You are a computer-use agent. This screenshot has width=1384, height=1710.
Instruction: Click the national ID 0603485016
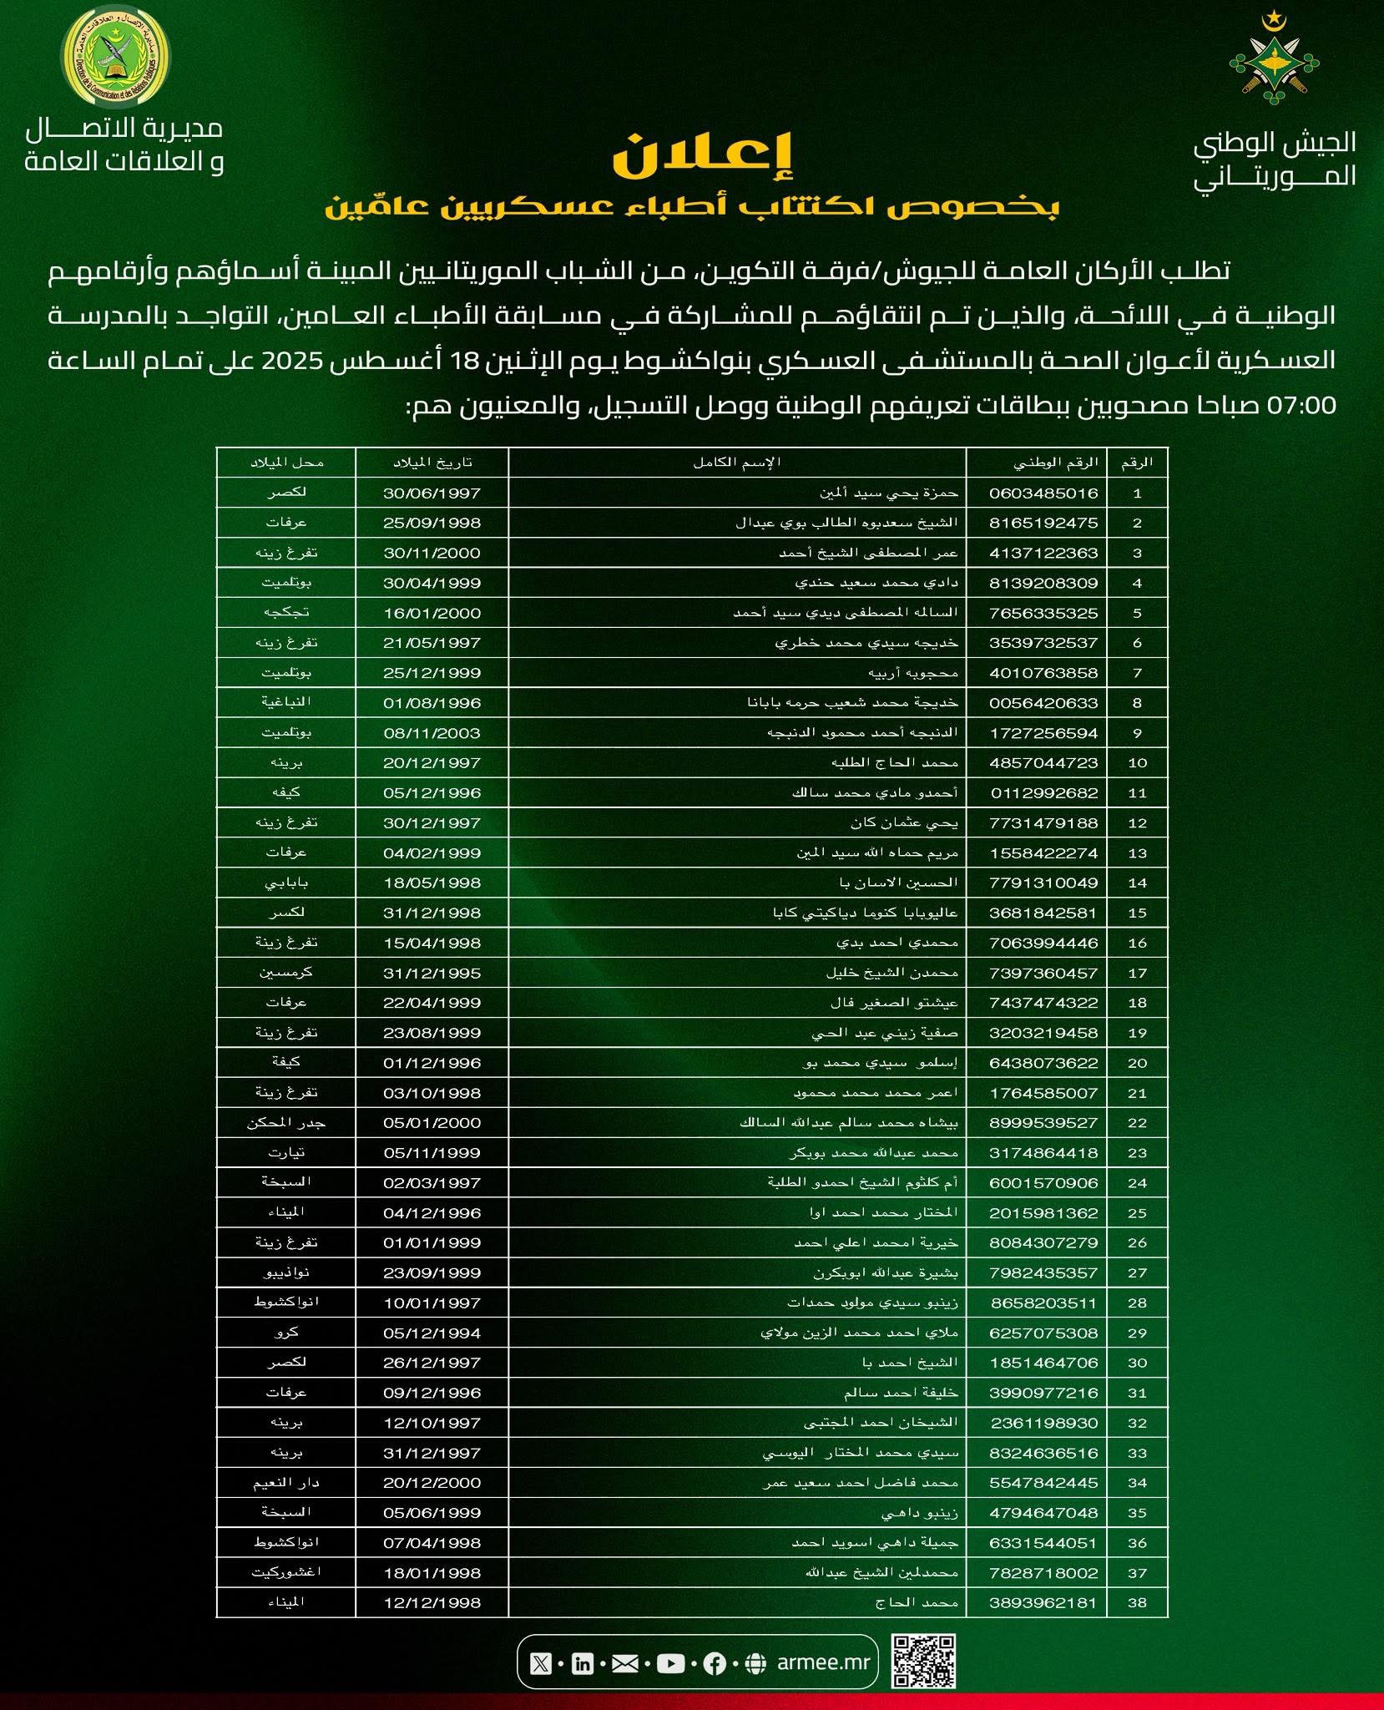(1043, 493)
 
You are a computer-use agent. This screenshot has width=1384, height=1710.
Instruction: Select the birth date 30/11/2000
(432, 553)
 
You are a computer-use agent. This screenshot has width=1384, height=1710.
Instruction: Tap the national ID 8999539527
(1043, 1122)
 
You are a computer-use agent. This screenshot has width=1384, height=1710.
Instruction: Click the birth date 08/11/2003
(432, 733)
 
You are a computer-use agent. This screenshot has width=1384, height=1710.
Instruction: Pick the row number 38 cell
(1137, 1602)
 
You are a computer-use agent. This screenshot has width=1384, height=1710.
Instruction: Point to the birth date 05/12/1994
(432, 1333)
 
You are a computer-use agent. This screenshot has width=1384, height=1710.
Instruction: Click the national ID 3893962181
(1043, 1602)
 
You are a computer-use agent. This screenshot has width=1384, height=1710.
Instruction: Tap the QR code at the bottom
(922, 1662)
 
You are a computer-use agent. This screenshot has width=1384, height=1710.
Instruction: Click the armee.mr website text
(822, 1662)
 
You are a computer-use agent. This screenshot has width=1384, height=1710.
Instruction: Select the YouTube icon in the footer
(670, 1664)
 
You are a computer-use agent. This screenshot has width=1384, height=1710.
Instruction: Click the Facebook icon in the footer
(714, 1664)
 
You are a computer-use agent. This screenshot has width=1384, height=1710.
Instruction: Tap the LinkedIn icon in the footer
(582, 1664)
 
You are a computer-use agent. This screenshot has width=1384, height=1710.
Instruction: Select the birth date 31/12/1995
(432, 973)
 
